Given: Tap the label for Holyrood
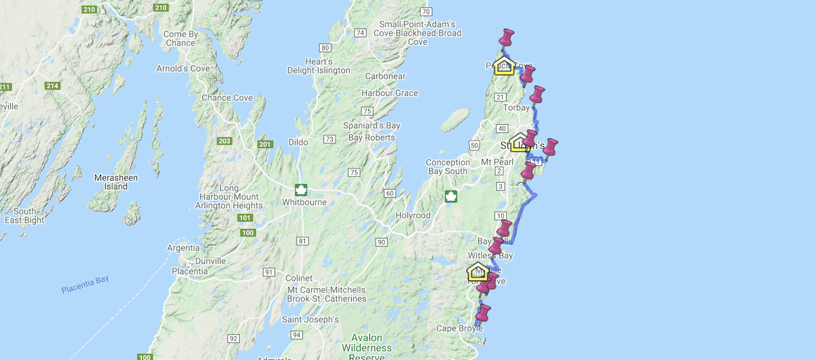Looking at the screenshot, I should pyautogui.click(x=413, y=215).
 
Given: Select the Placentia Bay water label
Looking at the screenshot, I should pyautogui.click(x=85, y=285).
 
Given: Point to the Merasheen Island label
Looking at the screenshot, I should pyautogui.click(x=111, y=182).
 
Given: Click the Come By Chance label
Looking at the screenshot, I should pyautogui.click(x=180, y=39).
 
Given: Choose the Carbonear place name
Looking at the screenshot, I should pyautogui.click(x=385, y=76).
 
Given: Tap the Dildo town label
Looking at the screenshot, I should pyautogui.click(x=298, y=142).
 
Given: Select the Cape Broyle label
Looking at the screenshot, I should pyautogui.click(x=460, y=329).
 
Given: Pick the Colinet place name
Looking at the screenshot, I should pyautogui.click(x=299, y=278).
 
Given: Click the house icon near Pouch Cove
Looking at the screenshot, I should pyautogui.click(x=504, y=65).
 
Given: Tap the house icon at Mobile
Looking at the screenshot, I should pyautogui.click(x=477, y=272).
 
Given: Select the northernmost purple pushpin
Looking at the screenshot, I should pyautogui.click(x=506, y=38).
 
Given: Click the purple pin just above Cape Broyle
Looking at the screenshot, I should pyautogui.click(x=483, y=314).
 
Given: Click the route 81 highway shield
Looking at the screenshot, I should pyautogui.click(x=302, y=241).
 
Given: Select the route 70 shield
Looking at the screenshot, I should pyautogui.click(x=426, y=12).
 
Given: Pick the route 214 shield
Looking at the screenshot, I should pyautogui.click(x=52, y=86).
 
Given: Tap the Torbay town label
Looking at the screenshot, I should pyautogui.click(x=517, y=108).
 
